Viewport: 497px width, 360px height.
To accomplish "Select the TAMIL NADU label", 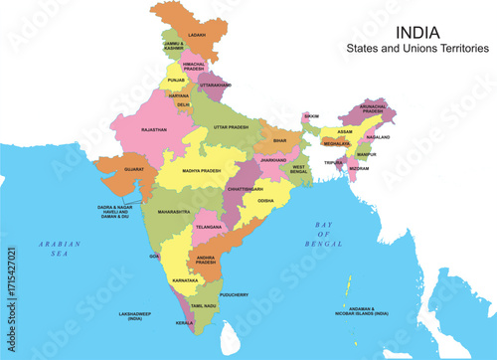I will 204,305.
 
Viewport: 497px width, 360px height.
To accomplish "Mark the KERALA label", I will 185,323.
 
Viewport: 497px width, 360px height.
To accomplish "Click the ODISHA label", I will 265,200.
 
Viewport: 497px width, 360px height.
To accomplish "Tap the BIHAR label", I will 279,141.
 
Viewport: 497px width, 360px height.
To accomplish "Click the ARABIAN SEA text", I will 46,249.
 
